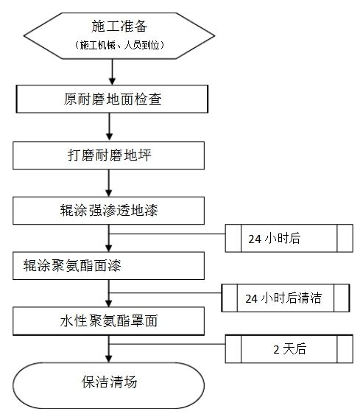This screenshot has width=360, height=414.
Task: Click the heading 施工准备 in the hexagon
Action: pyautogui.click(x=119, y=26)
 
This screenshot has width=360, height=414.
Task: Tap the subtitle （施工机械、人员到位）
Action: pyautogui.click(x=119, y=45)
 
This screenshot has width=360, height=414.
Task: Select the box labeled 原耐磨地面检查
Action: pyautogui.click(x=112, y=99)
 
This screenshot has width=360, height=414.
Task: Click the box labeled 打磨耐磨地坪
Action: pyautogui.click(x=108, y=155)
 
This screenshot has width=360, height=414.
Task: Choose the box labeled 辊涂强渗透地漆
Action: pyautogui.click(x=108, y=211)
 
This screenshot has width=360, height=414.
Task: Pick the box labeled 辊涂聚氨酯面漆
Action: pyautogui.click(x=108, y=266)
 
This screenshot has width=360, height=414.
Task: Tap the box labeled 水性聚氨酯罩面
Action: pyautogui.click(x=108, y=321)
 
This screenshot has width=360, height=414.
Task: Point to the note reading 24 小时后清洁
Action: pyautogui.click(x=286, y=298)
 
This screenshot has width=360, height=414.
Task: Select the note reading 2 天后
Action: pyautogui.click(x=289, y=349)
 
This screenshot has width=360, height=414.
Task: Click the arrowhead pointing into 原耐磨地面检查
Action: pyautogui.click(x=113, y=81)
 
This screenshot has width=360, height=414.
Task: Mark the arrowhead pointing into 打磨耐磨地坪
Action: pyautogui.click(x=109, y=137)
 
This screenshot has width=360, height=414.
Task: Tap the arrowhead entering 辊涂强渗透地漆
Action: pyautogui.click(x=109, y=193)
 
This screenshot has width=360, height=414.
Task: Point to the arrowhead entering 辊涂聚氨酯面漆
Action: pyautogui.click(x=109, y=248)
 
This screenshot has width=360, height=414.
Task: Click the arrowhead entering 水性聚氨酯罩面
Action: pyautogui.click(x=109, y=303)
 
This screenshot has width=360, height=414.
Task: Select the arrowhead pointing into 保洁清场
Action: pyautogui.click(x=109, y=358)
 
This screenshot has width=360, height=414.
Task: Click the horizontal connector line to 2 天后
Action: pyautogui.click(x=167, y=344)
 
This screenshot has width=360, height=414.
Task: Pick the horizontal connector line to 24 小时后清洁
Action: pyautogui.click(x=165, y=292)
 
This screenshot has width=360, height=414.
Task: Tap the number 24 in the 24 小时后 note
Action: pyautogui.click(x=255, y=239)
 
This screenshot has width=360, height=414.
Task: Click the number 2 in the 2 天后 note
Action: pyautogui.click(x=276, y=350)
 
